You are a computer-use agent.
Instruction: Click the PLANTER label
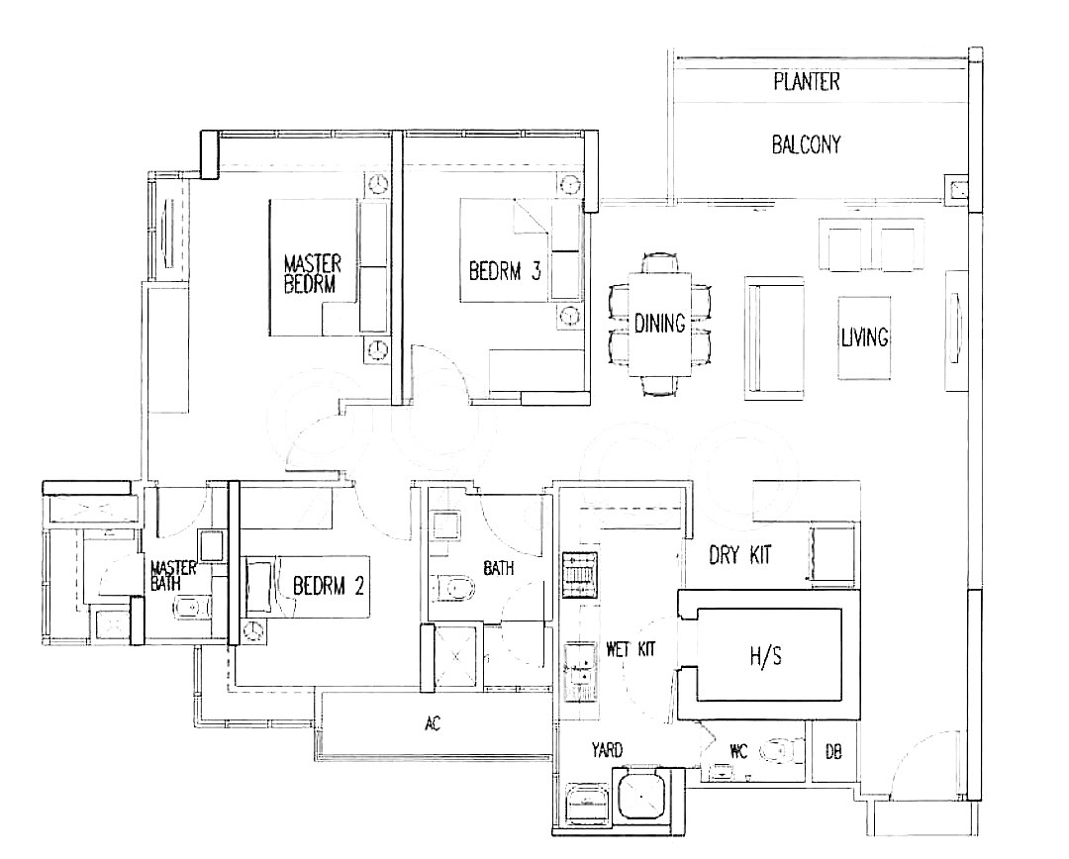click(807, 82)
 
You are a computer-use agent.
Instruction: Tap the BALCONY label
click(807, 144)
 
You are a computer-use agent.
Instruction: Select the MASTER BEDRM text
click(312, 273)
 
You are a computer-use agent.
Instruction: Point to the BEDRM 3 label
click(505, 270)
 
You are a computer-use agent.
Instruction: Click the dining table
click(659, 324)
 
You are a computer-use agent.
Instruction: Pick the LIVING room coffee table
click(864, 337)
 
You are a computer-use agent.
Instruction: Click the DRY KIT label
click(740, 555)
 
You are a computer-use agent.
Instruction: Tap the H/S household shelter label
click(765, 656)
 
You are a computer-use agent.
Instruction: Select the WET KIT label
click(631, 649)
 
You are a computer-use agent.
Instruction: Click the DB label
click(833, 752)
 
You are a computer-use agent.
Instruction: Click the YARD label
click(607, 750)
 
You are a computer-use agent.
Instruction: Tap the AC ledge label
click(433, 724)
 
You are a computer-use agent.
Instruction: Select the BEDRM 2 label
click(329, 586)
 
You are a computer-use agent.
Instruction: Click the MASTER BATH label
click(172, 575)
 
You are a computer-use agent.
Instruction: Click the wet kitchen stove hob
click(579, 575)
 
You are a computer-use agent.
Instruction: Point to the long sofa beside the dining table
click(774, 337)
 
